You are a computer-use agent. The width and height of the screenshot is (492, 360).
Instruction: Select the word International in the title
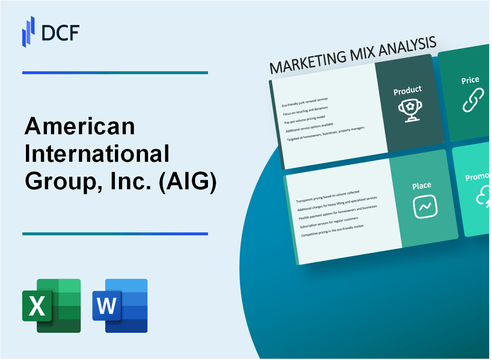pos(97,155)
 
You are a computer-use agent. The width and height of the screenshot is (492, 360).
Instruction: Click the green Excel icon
pos(51,305)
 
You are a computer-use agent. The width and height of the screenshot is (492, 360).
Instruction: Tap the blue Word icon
pos(120,305)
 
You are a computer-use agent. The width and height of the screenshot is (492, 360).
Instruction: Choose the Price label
pos(470,80)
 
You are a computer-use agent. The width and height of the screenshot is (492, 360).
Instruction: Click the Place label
pos(422,185)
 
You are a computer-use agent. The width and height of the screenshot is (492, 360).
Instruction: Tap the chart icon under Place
pos(425,207)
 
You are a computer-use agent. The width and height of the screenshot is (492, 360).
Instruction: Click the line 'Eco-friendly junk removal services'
pos(305,102)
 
